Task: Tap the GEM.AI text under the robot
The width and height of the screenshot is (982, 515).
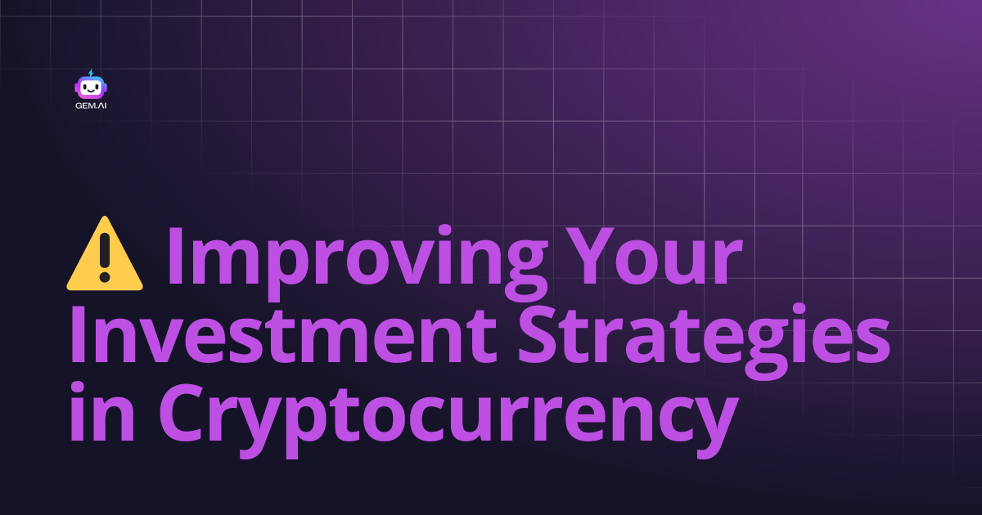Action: click(91, 105)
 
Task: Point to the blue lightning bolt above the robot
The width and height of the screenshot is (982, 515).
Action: click(90, 73)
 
